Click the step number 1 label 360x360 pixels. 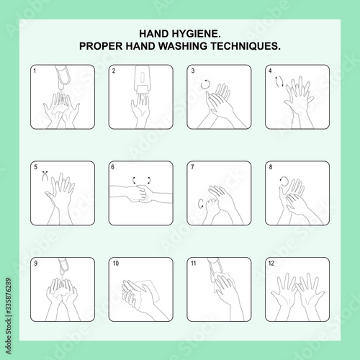35,71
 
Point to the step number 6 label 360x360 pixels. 112,167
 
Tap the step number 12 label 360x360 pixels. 271,264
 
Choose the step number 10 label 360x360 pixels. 116,264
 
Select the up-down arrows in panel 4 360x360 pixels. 279,81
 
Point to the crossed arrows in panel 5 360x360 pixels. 45,176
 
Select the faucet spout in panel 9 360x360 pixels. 63,266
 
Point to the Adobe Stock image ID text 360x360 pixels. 9,315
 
